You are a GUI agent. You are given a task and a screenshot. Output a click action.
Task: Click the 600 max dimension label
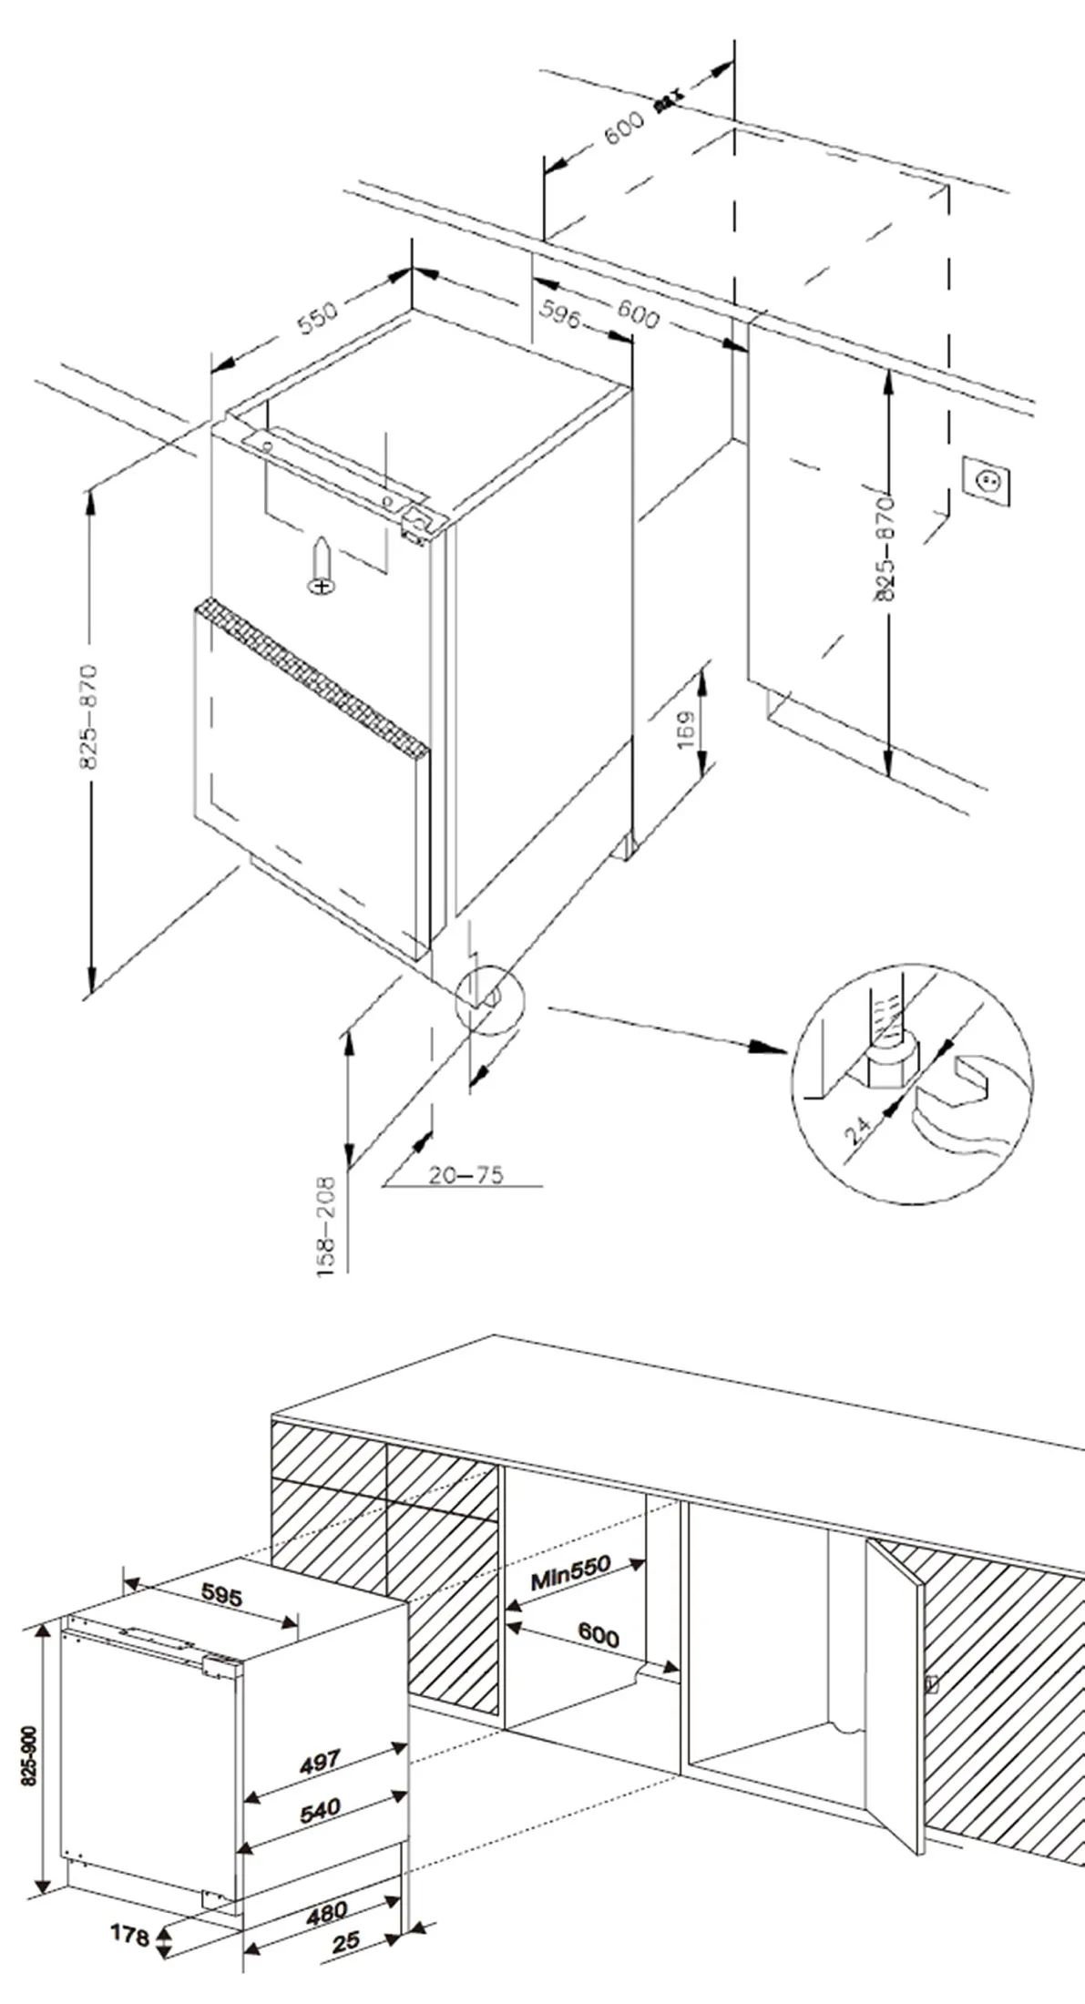[637, 120]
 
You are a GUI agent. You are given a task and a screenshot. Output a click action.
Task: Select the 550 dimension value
[318, 316]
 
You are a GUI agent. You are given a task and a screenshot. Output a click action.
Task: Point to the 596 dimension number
[560, 312]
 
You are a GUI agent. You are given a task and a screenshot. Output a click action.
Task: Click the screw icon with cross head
[322, 567]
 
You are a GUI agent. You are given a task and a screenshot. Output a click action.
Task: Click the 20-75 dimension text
[466, 1175]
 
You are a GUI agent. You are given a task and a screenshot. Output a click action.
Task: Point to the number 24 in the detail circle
[858, 1130]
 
